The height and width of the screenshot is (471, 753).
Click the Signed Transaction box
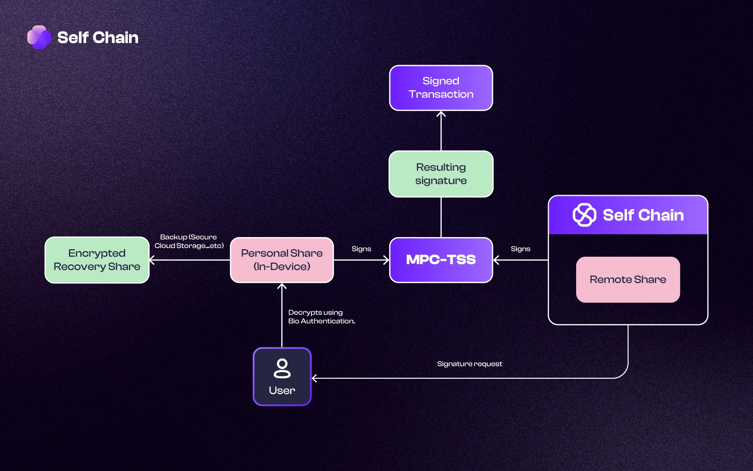tap(441, 88)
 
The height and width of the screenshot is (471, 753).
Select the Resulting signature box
tap(441, 174)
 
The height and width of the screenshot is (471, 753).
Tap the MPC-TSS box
tap(441, 260)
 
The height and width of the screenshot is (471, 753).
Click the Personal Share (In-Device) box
tap(282, 260)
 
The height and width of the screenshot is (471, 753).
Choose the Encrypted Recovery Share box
tap(97, 260)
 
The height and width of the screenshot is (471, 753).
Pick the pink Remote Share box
tap(627, 279)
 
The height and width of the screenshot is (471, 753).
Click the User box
tap(282, 376)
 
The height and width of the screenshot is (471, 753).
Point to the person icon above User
tap(282, 368)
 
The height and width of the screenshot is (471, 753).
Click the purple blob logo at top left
tap(39, 37)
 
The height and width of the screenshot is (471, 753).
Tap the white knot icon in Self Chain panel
tap(584, 215)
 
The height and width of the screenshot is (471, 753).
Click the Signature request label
tap(469, 364)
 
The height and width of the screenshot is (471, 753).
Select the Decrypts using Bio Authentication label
tap(321, 317)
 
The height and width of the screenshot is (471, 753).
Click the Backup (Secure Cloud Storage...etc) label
tap(189, 241)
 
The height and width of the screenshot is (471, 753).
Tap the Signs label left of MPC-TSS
tap(361, 249)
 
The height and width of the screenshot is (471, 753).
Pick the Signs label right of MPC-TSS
tap(520, 249)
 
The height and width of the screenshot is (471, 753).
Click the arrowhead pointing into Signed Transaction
tap(441, 114)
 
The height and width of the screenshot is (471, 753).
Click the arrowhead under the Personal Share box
tap(282, 286)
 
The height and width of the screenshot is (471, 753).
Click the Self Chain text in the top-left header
tap(98, 38)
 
